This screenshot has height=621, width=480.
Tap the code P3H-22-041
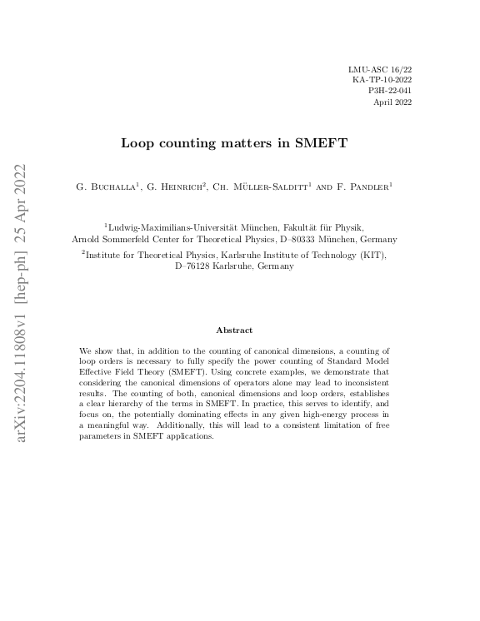click(389, 90)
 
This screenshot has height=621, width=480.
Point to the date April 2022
click(392, 102)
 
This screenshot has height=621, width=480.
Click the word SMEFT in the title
click(322, 143)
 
